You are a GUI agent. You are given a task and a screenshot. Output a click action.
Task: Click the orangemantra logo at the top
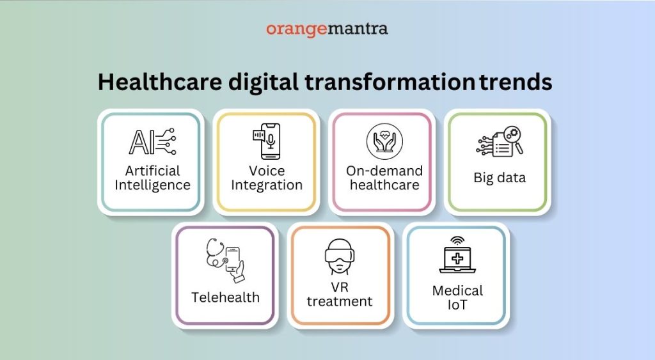(327, 29)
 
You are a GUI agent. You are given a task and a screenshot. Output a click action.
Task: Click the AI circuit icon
(152, 142)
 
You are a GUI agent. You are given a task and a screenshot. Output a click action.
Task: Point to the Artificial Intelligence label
(152, 178)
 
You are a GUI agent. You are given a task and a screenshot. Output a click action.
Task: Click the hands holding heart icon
(384, 142)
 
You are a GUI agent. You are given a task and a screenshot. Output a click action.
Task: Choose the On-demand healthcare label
(384, 178)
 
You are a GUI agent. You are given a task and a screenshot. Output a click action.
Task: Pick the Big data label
(500, 178)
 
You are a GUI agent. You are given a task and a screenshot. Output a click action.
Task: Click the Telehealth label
(225, 297)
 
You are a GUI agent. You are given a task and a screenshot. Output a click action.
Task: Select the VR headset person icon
(339, 258)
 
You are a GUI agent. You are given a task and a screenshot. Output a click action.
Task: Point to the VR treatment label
(339, 294)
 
